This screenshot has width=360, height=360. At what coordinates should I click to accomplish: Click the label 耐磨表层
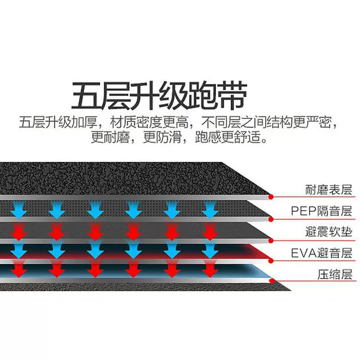click(x=329, y=190)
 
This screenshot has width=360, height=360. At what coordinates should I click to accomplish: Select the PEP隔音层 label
click(x=322, y=211)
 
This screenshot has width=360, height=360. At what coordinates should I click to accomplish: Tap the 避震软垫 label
click(x=329, y=232)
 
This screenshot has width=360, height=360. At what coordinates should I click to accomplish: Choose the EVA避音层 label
click(x=322, y=253)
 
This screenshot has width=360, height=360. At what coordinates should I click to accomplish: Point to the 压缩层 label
click(x=335, y=275)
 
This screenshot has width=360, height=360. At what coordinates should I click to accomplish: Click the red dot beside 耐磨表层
click(x=271, y=197)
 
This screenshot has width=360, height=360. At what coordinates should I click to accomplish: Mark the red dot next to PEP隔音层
click(x=271, y=219)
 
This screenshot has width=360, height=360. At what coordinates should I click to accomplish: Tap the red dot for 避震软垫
click(x=271, y=241)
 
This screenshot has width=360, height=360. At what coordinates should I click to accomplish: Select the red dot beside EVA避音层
click(x=271, y=260)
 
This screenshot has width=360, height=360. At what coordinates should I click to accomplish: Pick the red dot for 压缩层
click(x=272, y=281)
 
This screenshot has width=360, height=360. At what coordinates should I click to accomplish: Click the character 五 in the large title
click(x=86, y=95)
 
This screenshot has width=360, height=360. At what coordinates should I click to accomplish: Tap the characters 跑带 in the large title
click(x=217, y=95)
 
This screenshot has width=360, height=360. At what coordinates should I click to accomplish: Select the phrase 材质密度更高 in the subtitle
click(x=149, y=122)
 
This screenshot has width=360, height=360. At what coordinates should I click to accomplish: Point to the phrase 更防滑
click(x=163, y=137)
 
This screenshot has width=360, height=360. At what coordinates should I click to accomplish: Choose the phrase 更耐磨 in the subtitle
click(x=110, y=137)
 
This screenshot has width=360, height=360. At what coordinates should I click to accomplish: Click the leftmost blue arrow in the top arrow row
click(x=19, y=209)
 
